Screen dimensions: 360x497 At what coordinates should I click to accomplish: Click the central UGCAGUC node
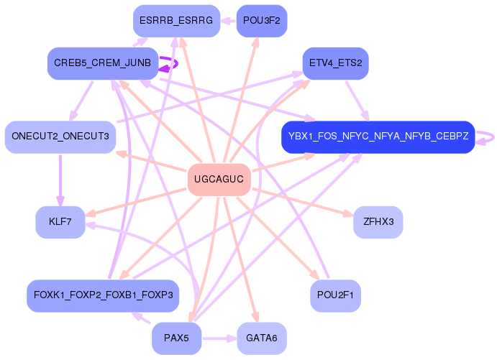[219, 180]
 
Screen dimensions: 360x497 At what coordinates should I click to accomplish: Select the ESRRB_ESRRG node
[176, 21]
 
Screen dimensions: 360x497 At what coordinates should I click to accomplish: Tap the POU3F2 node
[262, 21]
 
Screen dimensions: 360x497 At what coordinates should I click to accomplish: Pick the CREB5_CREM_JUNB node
[102, 63]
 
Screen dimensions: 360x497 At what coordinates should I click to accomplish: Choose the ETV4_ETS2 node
[335, 63]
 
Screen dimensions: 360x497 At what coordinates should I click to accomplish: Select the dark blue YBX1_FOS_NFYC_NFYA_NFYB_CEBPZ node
[378, 137]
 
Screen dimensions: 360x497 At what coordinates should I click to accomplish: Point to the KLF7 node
[60, 222]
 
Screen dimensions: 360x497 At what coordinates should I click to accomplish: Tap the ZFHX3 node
[378, 222]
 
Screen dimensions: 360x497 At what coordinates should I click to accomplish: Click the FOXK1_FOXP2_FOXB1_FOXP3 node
[102, 295]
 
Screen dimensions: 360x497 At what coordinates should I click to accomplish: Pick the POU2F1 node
[335, 295]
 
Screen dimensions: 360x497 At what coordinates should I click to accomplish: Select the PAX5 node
[176, 338]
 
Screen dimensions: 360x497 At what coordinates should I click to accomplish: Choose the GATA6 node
[262, 338]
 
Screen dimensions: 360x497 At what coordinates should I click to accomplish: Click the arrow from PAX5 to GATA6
[219, 338]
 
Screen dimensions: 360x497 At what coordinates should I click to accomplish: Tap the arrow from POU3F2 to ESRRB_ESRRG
[228, 21]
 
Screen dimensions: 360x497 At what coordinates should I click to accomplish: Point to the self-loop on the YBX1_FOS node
[487, 137]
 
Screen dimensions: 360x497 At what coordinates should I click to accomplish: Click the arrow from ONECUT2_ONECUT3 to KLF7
[60, 180]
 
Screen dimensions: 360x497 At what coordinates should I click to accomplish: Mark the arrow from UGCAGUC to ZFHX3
[302, 201]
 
